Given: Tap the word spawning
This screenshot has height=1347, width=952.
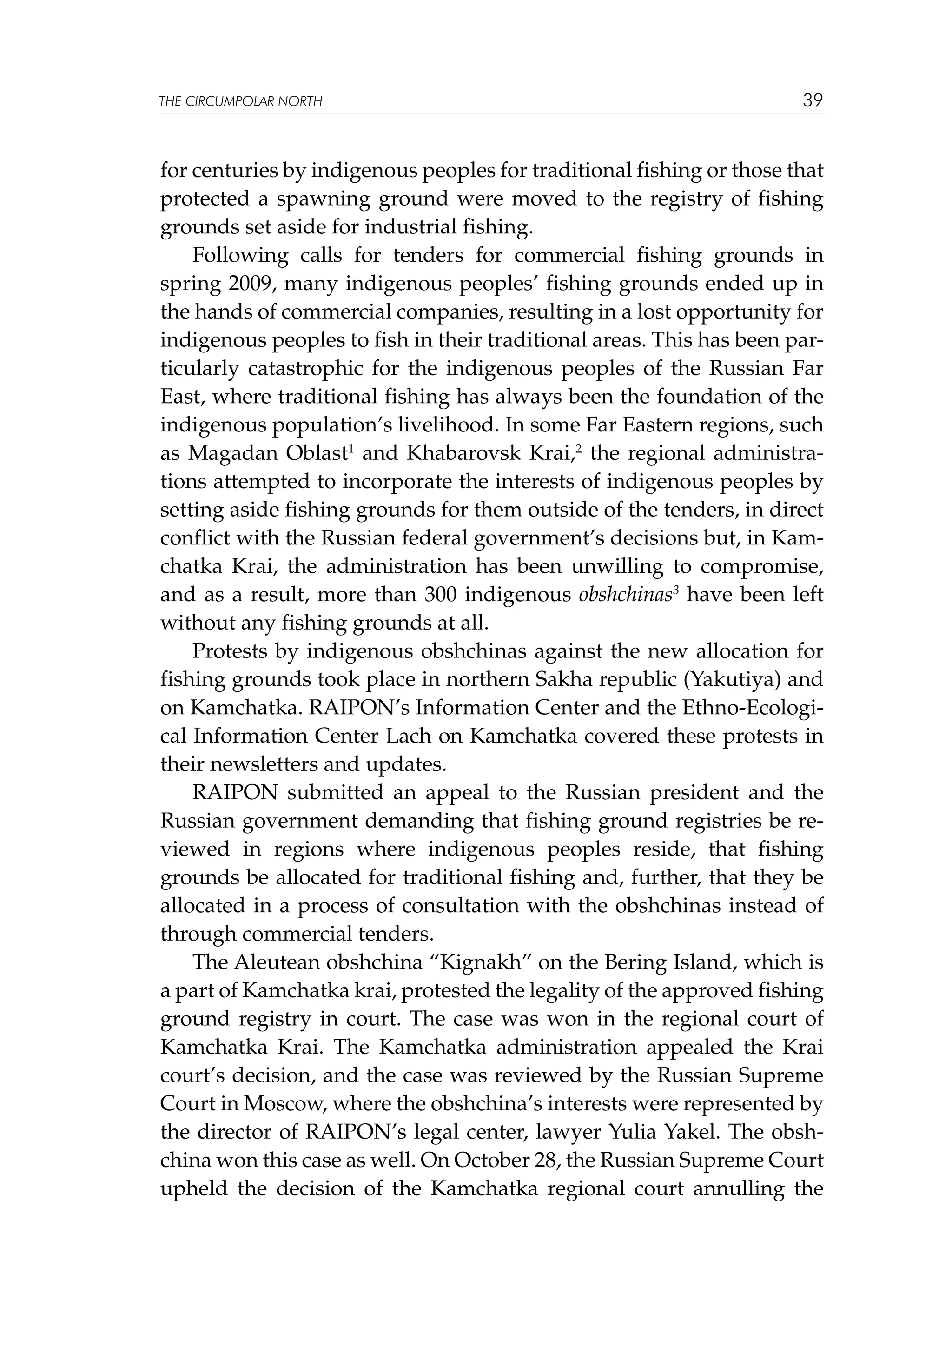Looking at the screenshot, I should click(x=321, y=199).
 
